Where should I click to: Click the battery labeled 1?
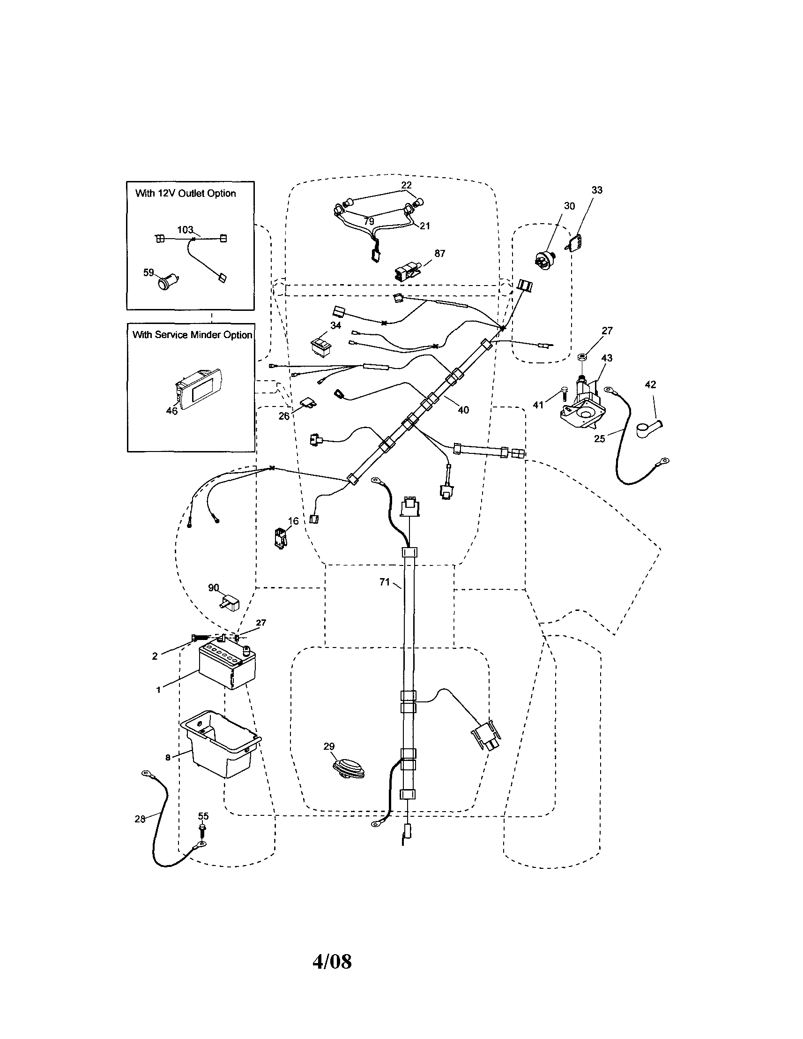227,666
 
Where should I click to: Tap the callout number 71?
384,582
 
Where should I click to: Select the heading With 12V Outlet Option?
186,193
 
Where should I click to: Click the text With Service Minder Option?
192,335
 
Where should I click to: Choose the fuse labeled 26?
308,405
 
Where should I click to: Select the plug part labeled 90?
230,604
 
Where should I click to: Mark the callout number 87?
439,254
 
